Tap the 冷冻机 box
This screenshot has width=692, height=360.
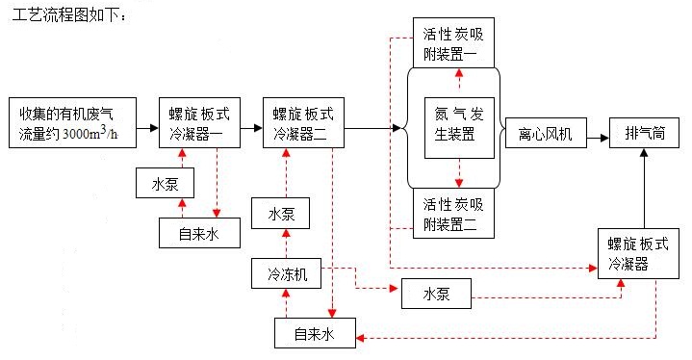coord(287,274)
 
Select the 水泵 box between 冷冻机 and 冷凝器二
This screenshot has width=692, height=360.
coord(281,213)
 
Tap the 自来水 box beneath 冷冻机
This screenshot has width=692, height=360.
coord(313,333)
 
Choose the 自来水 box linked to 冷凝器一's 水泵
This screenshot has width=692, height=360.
coord(198,232)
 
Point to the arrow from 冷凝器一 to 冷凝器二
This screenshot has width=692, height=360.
coord(248,127)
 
